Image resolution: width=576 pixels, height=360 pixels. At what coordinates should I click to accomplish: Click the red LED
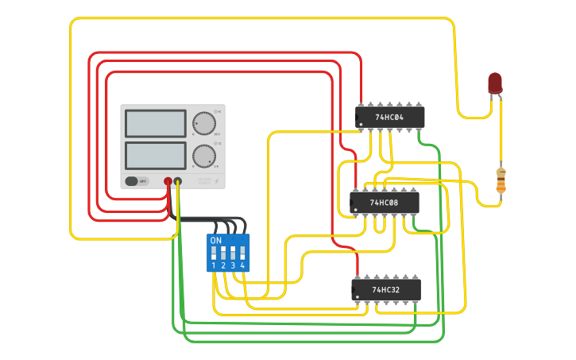click(495, 83)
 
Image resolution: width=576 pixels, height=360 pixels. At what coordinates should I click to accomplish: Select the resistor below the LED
click(501, 181)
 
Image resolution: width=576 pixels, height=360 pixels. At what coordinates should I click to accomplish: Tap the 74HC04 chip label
click(389, 118)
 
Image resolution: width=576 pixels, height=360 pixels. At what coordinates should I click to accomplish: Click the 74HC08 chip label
click(384, 203)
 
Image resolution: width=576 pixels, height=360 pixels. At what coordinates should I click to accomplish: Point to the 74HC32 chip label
click(385, 290)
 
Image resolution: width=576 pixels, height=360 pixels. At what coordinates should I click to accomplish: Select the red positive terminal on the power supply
click(168, 182)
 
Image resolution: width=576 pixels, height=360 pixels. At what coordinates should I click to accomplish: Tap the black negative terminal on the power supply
click(178, 182)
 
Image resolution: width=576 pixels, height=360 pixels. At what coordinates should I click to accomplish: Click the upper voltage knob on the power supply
click(203, 123)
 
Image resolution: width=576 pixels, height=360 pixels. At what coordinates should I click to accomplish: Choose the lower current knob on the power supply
click(203, 156)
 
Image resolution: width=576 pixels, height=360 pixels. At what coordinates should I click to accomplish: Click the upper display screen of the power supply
click(156, 123)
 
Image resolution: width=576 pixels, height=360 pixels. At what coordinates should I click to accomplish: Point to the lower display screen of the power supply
click(156, 155)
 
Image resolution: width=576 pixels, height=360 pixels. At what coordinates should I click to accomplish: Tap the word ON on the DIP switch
click(215, 240)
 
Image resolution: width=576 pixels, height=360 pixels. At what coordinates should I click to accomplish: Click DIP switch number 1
click(214, 255)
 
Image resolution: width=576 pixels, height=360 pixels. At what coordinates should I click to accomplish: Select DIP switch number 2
click(223, 255)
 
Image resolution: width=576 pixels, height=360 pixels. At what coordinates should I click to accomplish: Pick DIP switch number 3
click(233, 255)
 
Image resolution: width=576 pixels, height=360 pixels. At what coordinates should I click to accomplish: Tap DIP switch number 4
click(242, 255)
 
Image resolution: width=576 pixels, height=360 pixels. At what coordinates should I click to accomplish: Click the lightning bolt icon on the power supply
click(217, 181)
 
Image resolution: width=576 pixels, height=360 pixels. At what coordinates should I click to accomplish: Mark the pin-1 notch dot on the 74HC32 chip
click(357, 298)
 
